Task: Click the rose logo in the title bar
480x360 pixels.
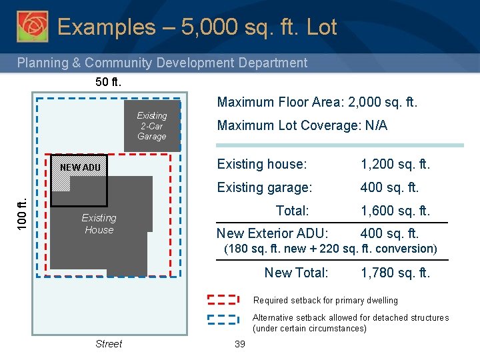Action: (x=32, y=26)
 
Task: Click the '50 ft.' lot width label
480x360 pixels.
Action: (x=109, y=83)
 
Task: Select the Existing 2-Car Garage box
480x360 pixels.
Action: (x=151, y=125)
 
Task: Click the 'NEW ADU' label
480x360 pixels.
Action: (x=80, y=167)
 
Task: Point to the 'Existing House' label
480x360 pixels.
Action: (x=99, y=224)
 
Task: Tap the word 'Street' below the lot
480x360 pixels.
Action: (x=109, y=344)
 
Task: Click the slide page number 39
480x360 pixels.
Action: (x=240, y=344)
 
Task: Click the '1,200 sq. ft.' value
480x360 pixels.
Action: (x=395, y=164)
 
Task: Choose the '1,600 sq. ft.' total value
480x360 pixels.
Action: (x=395, y=211)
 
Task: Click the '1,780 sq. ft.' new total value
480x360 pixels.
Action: (x=395, y=273)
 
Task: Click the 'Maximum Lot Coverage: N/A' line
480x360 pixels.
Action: (x=302, y=125)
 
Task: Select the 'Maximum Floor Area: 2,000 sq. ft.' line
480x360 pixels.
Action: (x=317, y=102)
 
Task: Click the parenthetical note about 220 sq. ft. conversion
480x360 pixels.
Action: (x=330, y=249)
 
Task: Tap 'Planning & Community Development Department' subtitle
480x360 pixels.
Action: (x=162, y=63)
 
